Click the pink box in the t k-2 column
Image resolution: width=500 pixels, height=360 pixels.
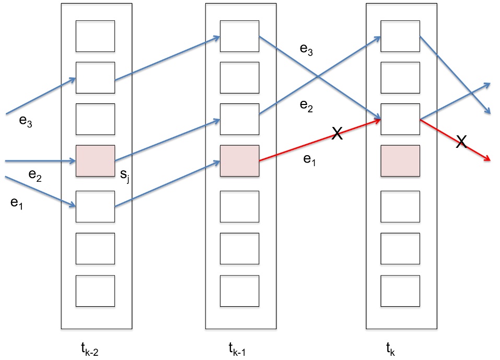point(95,161)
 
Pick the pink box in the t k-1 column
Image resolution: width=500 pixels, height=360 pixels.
point(239,161)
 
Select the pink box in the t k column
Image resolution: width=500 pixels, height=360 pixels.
point(400,161)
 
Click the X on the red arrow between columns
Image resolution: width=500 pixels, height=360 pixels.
point(338,134)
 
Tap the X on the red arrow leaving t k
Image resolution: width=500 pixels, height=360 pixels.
point(461,142)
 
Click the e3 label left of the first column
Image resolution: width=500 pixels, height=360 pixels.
point(25,122)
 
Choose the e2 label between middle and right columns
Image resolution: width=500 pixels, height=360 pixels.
point(306,105)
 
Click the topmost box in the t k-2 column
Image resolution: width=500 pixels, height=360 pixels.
point(95,36)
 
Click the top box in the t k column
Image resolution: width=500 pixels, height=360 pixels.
point(400,36)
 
